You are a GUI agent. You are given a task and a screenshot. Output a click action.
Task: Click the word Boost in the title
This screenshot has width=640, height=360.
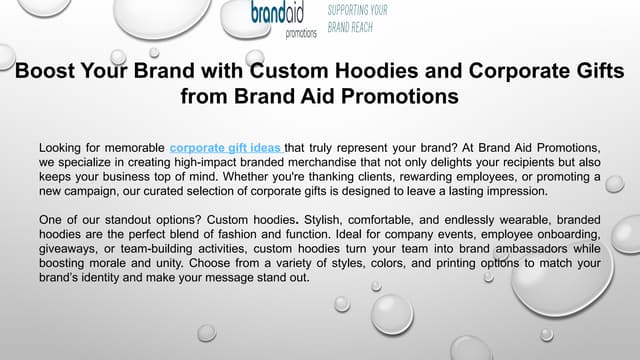46,72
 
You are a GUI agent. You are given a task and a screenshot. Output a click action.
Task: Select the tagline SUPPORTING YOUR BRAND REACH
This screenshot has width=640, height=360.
358,19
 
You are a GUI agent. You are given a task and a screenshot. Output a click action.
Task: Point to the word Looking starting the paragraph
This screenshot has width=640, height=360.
62,147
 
